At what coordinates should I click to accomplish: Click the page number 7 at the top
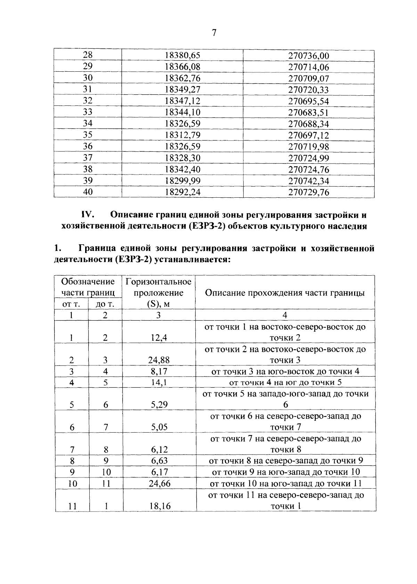pos(214,33)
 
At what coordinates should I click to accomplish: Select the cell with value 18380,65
pos(182,56)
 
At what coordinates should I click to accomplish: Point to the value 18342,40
pos(182,169)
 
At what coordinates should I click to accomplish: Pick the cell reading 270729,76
pos(309,192)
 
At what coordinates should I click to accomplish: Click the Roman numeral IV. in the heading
pos(88,215)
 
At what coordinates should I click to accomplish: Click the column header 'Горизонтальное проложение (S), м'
pos(158,292)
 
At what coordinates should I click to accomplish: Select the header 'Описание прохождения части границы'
pos(285,292)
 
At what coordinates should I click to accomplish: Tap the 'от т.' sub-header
pos(71,304)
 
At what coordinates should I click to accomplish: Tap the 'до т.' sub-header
pos(105,304)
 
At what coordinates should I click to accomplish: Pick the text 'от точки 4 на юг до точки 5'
pos(285,382)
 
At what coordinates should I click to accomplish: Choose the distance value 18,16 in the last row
pos(160,506)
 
